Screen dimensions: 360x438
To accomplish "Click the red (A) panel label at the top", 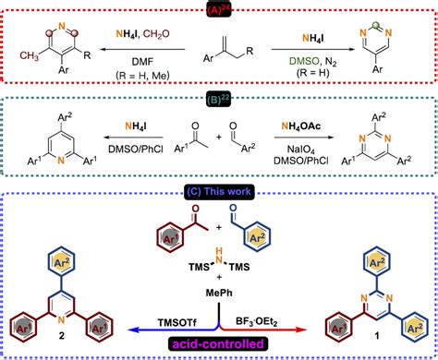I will point(218,10).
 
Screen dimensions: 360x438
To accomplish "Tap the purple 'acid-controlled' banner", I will point(220,344).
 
